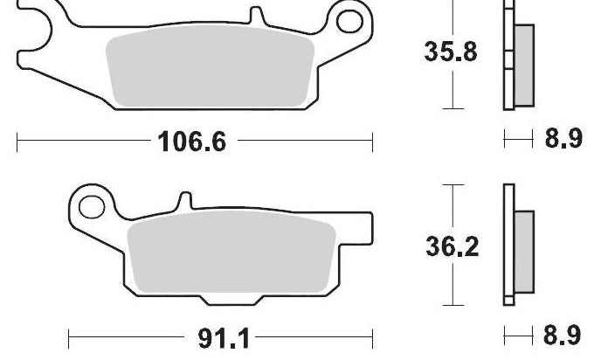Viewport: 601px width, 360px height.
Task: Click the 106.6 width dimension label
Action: click(192, 141)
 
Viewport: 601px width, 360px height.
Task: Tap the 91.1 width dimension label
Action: click(224, 338)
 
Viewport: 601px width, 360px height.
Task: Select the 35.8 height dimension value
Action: click(451, 52)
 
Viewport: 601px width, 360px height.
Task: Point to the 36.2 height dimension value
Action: click(452, 246)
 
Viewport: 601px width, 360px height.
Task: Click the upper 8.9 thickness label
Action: click(563, 138)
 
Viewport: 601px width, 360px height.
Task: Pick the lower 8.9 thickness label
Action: click(563, 335)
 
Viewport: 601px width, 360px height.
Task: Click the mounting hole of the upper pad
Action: click(349, 21)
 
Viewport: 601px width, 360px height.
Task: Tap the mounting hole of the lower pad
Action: click(92, 207)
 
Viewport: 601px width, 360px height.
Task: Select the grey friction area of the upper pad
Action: click(210, 66)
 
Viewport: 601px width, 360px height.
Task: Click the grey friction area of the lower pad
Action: click(231, 252)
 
